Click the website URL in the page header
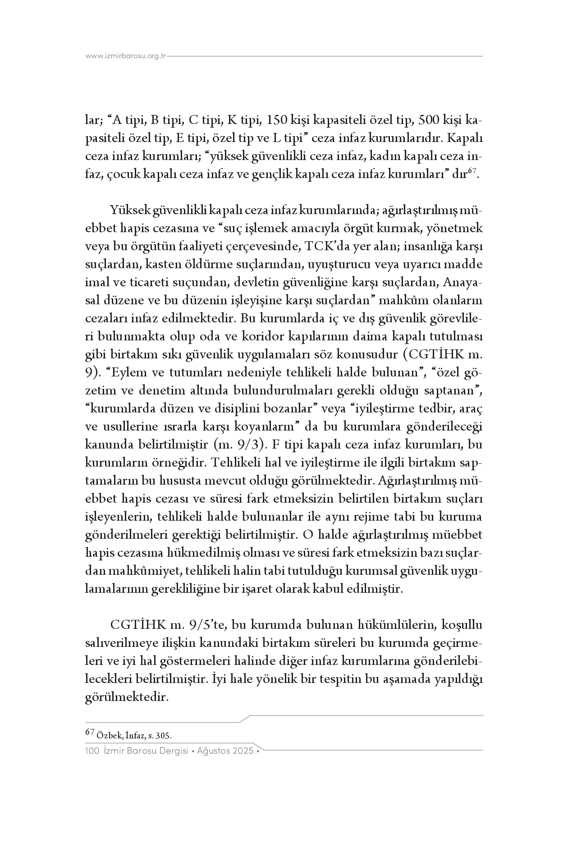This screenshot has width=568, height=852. coord(126,56)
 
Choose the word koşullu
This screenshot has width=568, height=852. coord(462,625)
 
